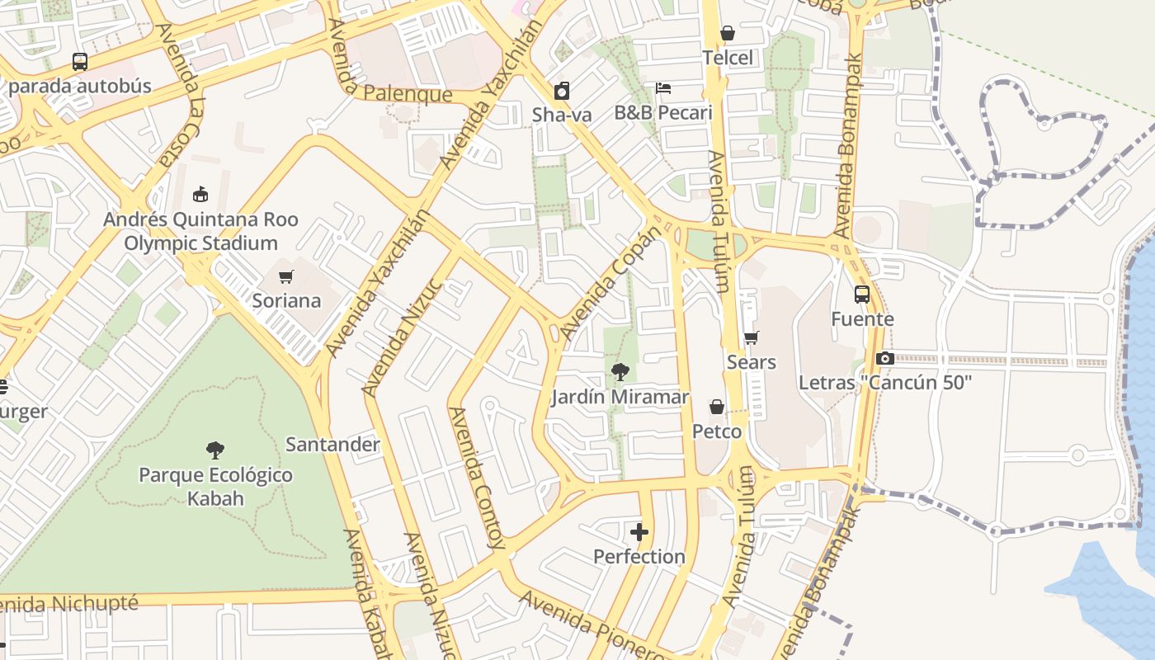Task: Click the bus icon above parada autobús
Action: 80,62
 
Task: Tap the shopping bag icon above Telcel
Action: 728,33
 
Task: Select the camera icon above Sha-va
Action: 562,91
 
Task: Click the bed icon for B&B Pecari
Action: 663,88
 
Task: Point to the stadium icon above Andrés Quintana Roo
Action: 200,195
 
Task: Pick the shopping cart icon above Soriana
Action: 286,276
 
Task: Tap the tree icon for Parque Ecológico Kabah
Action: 215,450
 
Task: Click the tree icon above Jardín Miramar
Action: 620,372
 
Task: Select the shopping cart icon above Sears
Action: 751,337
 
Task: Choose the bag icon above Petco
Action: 717,407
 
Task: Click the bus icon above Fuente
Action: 862,295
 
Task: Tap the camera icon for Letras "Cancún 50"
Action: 885,358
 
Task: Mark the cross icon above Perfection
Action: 639,532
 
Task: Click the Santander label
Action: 332,445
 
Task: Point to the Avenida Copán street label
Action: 611,282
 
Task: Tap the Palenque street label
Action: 408,93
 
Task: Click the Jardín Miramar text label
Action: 620,398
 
